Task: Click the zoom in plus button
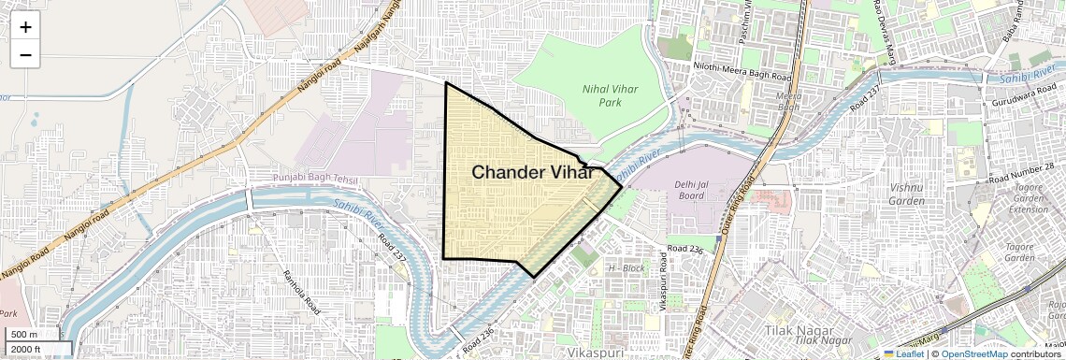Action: click(25, 27)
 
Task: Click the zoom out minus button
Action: click(25, 55)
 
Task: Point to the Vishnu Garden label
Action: click(906, 194)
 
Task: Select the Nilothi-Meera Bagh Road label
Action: click(742, 67)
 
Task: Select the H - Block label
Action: click(627, 268)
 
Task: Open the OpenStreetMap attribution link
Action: click(973, 353)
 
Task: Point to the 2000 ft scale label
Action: click(25, 349)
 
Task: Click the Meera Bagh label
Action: click(789, 101)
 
